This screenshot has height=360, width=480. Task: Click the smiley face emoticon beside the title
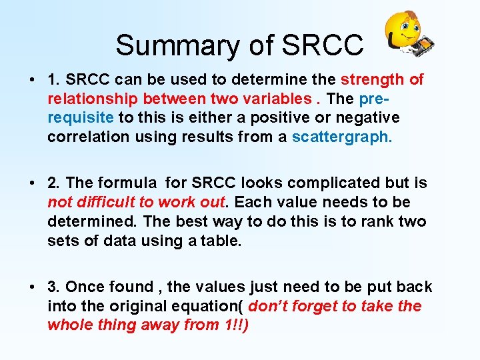406,33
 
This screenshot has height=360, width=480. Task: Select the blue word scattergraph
342,137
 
